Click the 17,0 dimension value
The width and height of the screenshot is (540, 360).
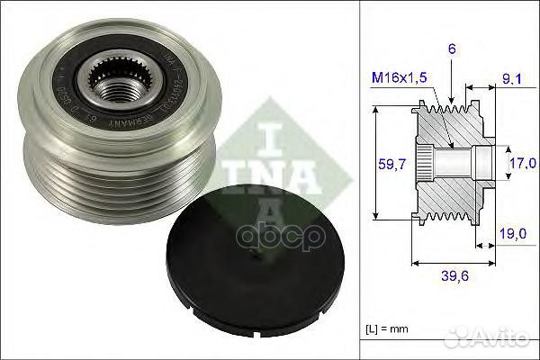(517, 163)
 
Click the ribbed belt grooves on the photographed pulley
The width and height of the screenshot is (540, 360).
(90, 175)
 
